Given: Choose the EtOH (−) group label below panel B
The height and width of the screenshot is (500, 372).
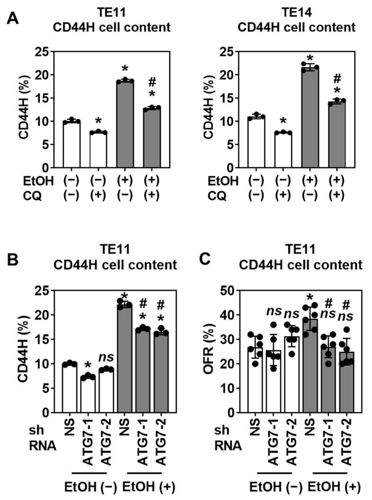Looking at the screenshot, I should (x=90, y=488).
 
